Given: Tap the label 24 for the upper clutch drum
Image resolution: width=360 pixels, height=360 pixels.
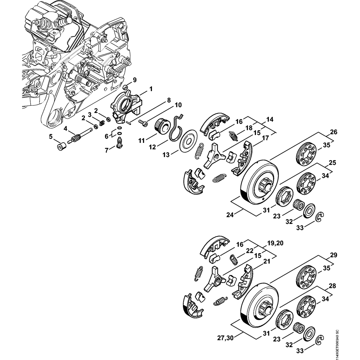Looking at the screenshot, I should coord(230,215).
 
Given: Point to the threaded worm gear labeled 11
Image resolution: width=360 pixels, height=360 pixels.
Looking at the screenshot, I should coord(161,126).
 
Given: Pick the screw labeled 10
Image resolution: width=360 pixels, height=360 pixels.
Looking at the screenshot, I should coord(143,123).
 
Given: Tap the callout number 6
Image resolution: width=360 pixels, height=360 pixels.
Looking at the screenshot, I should coord(107,136).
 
